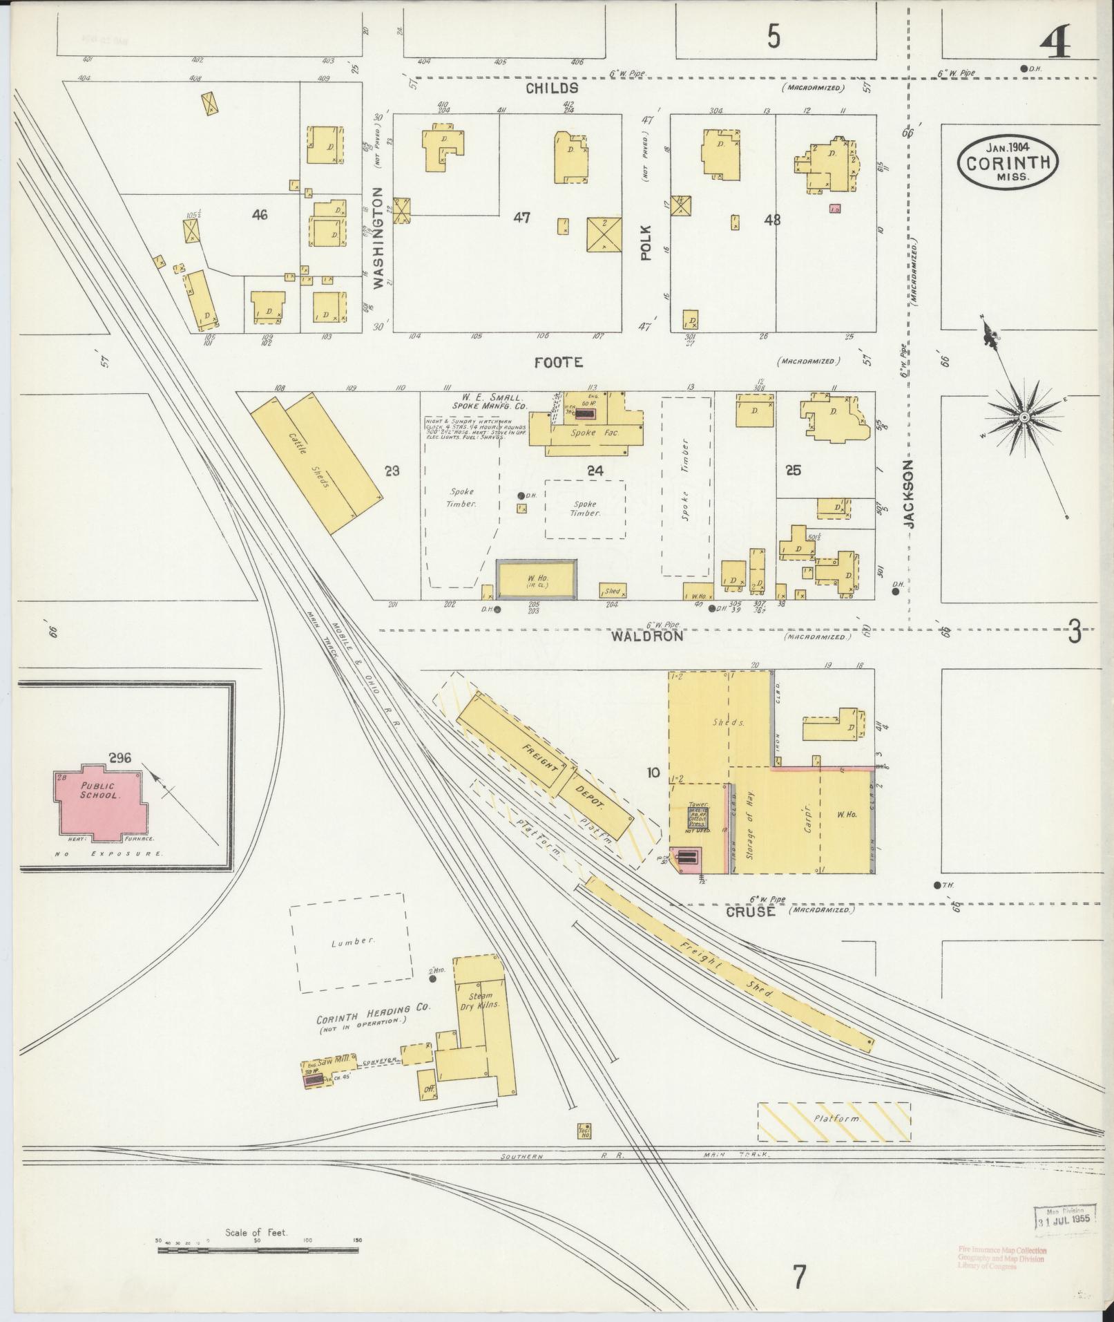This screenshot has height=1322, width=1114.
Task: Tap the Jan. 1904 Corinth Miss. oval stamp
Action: [x=1008, y=161]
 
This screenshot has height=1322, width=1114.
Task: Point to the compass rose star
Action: [x=1025, y=417]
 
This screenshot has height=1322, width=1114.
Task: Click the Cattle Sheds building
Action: [x=315, y=462]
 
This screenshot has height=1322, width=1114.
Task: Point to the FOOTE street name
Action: [x=559, y=362]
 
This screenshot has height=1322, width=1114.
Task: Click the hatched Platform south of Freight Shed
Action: [x=834, y=1120]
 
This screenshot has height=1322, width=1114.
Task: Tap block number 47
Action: [x=521, y=217]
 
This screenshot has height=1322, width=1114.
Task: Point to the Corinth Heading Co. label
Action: [x=373, y=1010]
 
